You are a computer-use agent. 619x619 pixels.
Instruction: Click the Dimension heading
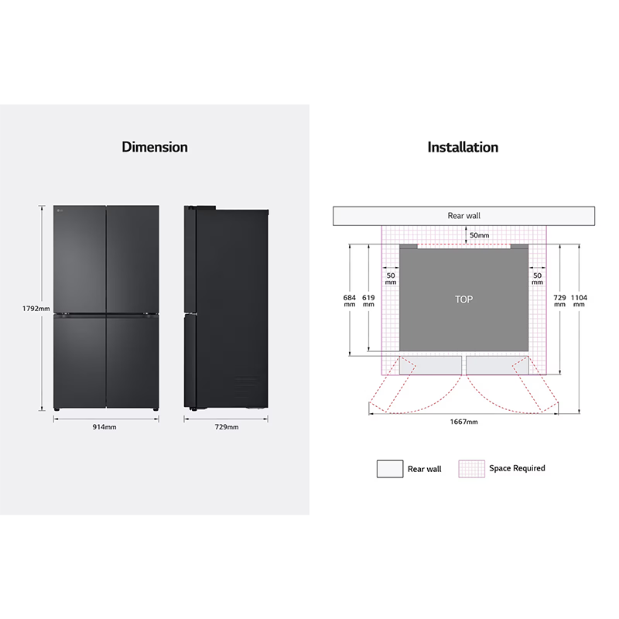pos(155,147)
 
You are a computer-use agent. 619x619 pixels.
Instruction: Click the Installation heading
pos(463,147)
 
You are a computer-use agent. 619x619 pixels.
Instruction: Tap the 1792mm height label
pos(36,309)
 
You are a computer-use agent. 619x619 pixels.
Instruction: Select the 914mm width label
pos(104,427)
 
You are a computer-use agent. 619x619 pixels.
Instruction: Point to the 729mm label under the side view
pos(227,427)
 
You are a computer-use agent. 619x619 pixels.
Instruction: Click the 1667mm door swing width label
pos(463,422)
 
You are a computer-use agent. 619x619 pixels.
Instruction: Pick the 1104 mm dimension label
pos(579,300)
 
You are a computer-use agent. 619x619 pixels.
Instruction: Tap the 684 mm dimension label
pos(350,300)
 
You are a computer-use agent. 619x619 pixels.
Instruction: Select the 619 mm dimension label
pos(368,300)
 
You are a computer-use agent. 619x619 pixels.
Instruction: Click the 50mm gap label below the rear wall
pos(479,235)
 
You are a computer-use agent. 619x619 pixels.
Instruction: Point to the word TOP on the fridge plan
pos(463,299)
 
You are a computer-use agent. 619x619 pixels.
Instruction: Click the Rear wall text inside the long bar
pos(463,216)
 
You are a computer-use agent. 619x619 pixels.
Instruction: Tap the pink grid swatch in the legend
pos(471,469)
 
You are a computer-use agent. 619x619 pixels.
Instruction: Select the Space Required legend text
pos(517,468)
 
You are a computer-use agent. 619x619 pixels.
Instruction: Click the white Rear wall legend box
pos(390,469)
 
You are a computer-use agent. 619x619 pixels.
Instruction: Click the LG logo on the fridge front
pos(60,210)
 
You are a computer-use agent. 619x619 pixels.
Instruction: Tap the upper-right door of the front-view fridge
pos(132,259)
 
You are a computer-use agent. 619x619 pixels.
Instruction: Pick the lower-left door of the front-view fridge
pos(80,361)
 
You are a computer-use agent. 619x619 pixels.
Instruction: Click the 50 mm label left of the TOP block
pos(391,279)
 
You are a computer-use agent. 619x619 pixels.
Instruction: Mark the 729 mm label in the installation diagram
pos(559,300)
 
